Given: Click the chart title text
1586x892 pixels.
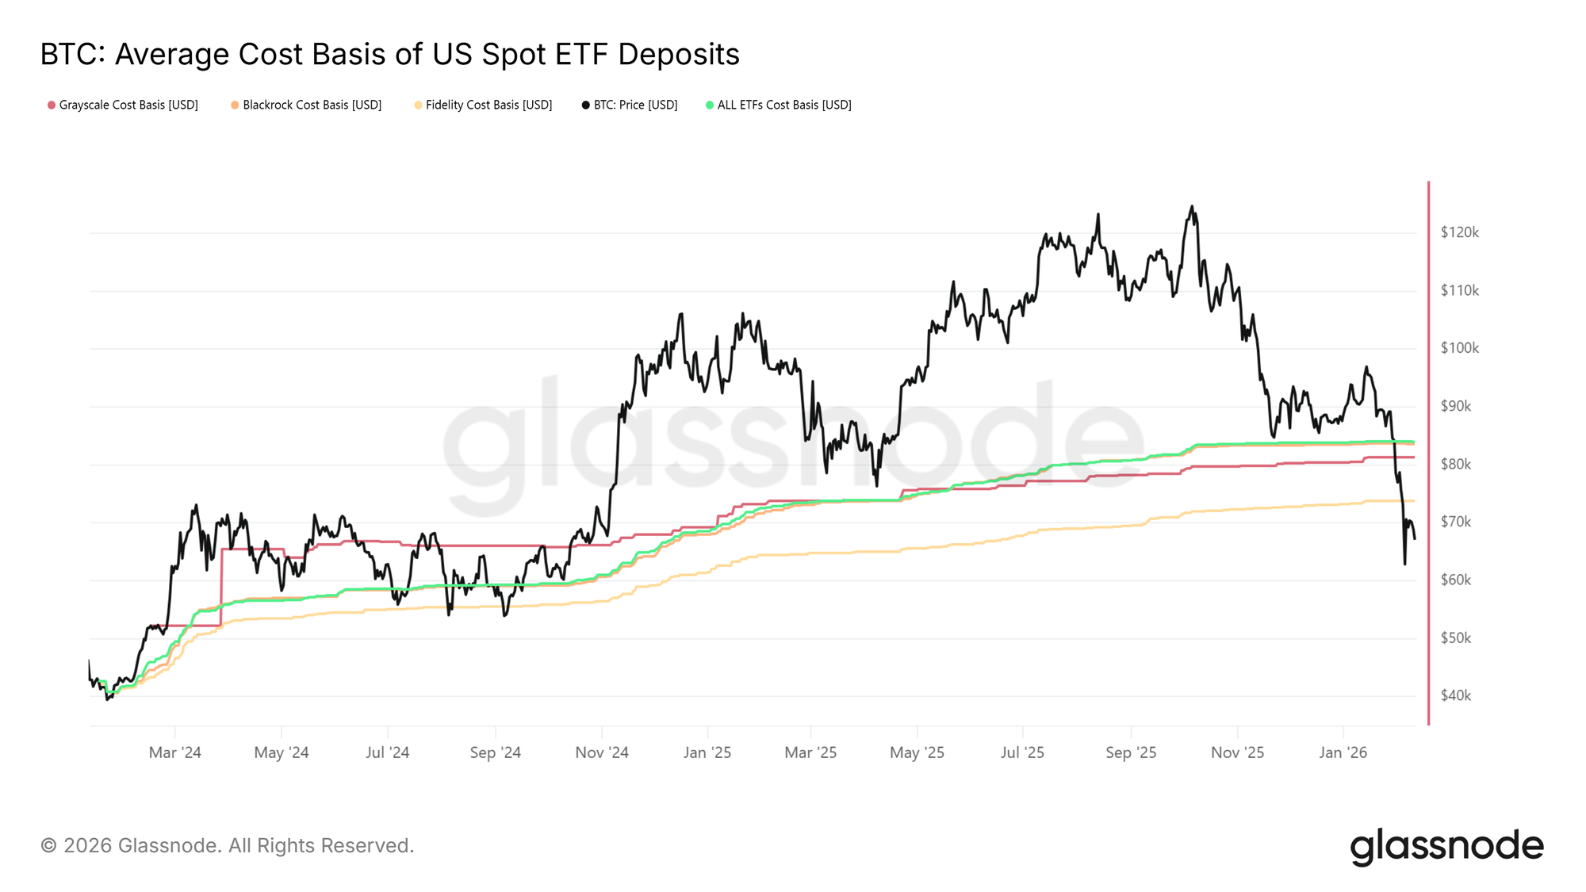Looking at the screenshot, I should pyautogui.click(x=389, y=55).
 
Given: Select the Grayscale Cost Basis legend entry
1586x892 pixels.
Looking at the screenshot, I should pyautogui.click(x=123, y=105).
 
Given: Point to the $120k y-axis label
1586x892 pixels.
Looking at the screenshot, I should pyautogui.click(x=1459, y=232).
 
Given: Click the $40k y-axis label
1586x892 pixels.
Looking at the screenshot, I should pyautogui.click(x=1455, y=695).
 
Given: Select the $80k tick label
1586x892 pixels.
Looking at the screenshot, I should pyautogui.click(x=1455, y=464).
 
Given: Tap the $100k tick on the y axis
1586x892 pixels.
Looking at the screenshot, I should pyautogui.click(x=1459, y=348).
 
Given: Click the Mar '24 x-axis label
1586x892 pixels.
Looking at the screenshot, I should pyautogui.click(x=174, y=752).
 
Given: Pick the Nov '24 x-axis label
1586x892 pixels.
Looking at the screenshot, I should pyautogui.click(x=602, y=752).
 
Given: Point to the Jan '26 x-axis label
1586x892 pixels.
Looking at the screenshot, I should pyautogui.click(x=1343, y=752).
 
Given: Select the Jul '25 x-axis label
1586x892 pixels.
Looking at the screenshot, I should pyautogui.click(x=1022, y=752).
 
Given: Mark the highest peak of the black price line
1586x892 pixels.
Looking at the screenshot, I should pyautogui.click(x=1191, y=207).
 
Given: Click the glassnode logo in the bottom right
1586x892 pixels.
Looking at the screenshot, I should pyautogui.click(x=1446, y=846).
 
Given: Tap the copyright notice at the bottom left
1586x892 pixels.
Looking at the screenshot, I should pyautogui.click(x=227, y=846).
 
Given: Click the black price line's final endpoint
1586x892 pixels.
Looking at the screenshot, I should pyautogui.click(x=1415, y=538).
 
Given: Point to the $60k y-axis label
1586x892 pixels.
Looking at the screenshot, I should pyautogui.click(x=1455, y=580).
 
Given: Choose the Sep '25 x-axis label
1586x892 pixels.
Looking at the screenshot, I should pyautogui.click(x=1131, y=752).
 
